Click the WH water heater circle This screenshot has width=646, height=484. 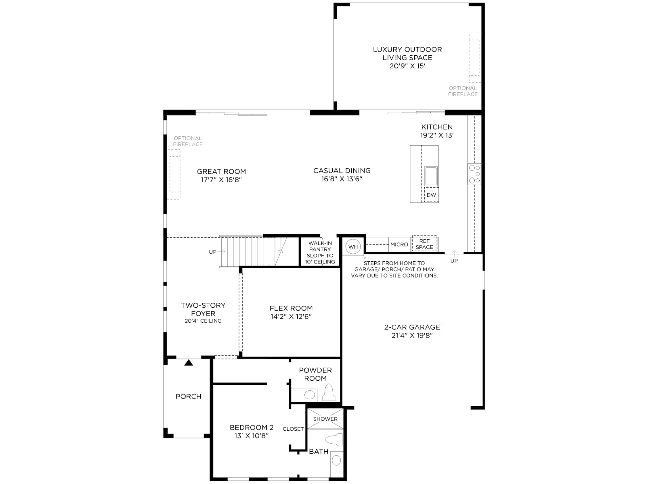tap(353, 246)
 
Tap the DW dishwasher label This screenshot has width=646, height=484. tap(431, 195)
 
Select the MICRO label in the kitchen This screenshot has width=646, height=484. tap(399, 244)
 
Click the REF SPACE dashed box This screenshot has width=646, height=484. tap(424, 244)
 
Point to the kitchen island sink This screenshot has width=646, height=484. tap(431, 176)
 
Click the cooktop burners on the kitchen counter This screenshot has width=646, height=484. tap(474, 174)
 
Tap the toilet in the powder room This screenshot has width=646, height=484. tap(329, 392)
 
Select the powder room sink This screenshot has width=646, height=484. tap(309, 395)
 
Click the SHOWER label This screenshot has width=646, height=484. tap(325, 419)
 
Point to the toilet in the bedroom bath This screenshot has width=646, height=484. tap(334, 440)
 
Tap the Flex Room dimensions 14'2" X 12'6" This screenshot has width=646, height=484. tap(291, 317)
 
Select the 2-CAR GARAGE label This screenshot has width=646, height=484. tap(412, 327)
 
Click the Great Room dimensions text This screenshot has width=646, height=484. tap(221, 179)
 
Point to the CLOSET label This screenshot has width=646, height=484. tap(293, 429)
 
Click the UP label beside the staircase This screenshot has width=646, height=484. tap(212, 252)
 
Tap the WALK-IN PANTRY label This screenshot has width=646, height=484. tap(320, 246)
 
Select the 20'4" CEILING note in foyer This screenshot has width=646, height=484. tap(203, 321)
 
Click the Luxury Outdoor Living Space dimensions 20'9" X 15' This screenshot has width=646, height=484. tap(407, 66)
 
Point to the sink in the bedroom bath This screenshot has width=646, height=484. tap(336, 461)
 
